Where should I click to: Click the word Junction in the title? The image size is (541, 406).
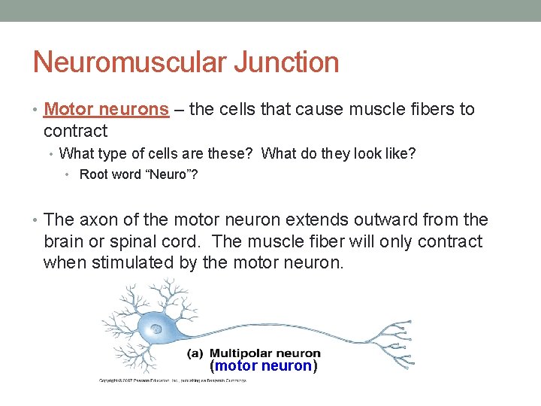click(x=286, y=62)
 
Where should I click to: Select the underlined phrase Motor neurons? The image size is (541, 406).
click(x=106, y=109)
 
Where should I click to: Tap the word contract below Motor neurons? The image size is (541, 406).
click(x=75, y=131)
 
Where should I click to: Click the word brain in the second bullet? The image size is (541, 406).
click(x=64, y=241)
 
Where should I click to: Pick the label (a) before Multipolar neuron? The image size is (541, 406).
click(x=195, y=353)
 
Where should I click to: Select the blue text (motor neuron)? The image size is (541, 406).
click(x=264, y=366)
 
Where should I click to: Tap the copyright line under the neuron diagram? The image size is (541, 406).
click(x=173, y=380)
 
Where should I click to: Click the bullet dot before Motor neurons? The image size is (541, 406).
click(x=35, y=110)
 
